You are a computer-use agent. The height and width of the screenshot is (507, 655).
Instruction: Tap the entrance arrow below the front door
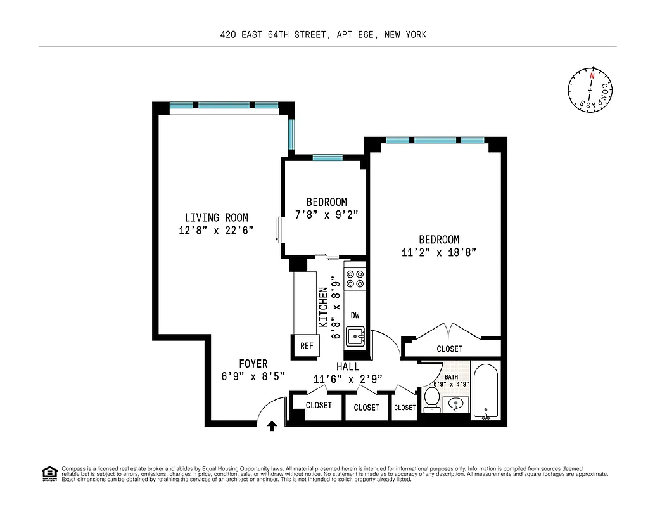(272, 426)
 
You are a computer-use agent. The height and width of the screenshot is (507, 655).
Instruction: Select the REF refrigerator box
(307, 346)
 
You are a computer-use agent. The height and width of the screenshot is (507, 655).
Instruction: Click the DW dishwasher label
(355, 314)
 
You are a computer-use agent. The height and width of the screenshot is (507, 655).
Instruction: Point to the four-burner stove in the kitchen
(355, 279)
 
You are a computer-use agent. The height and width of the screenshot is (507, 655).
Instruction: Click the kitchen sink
(355, 335)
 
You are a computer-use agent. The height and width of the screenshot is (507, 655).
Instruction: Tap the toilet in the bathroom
(432, 399)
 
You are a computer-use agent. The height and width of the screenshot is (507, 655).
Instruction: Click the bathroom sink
(457, 404)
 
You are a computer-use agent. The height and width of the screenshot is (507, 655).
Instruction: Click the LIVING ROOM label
(216, 217)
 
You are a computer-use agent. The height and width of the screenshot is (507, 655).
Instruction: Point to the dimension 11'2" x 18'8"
(439, 252)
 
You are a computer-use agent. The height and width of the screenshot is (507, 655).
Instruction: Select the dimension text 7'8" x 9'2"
(326, 215)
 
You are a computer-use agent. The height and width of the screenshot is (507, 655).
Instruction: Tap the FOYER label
(253, 364)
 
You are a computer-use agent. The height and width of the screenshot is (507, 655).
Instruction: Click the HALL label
(348, 367)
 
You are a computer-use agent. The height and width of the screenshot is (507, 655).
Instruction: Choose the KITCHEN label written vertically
(324, 307)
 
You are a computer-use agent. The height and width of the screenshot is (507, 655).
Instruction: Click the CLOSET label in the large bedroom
(449, 349)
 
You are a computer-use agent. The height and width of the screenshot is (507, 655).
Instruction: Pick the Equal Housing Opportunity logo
(48, 473)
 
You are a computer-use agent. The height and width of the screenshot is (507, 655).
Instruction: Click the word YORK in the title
(415, 35)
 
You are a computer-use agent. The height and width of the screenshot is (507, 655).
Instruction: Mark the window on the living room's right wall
(291, 134)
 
